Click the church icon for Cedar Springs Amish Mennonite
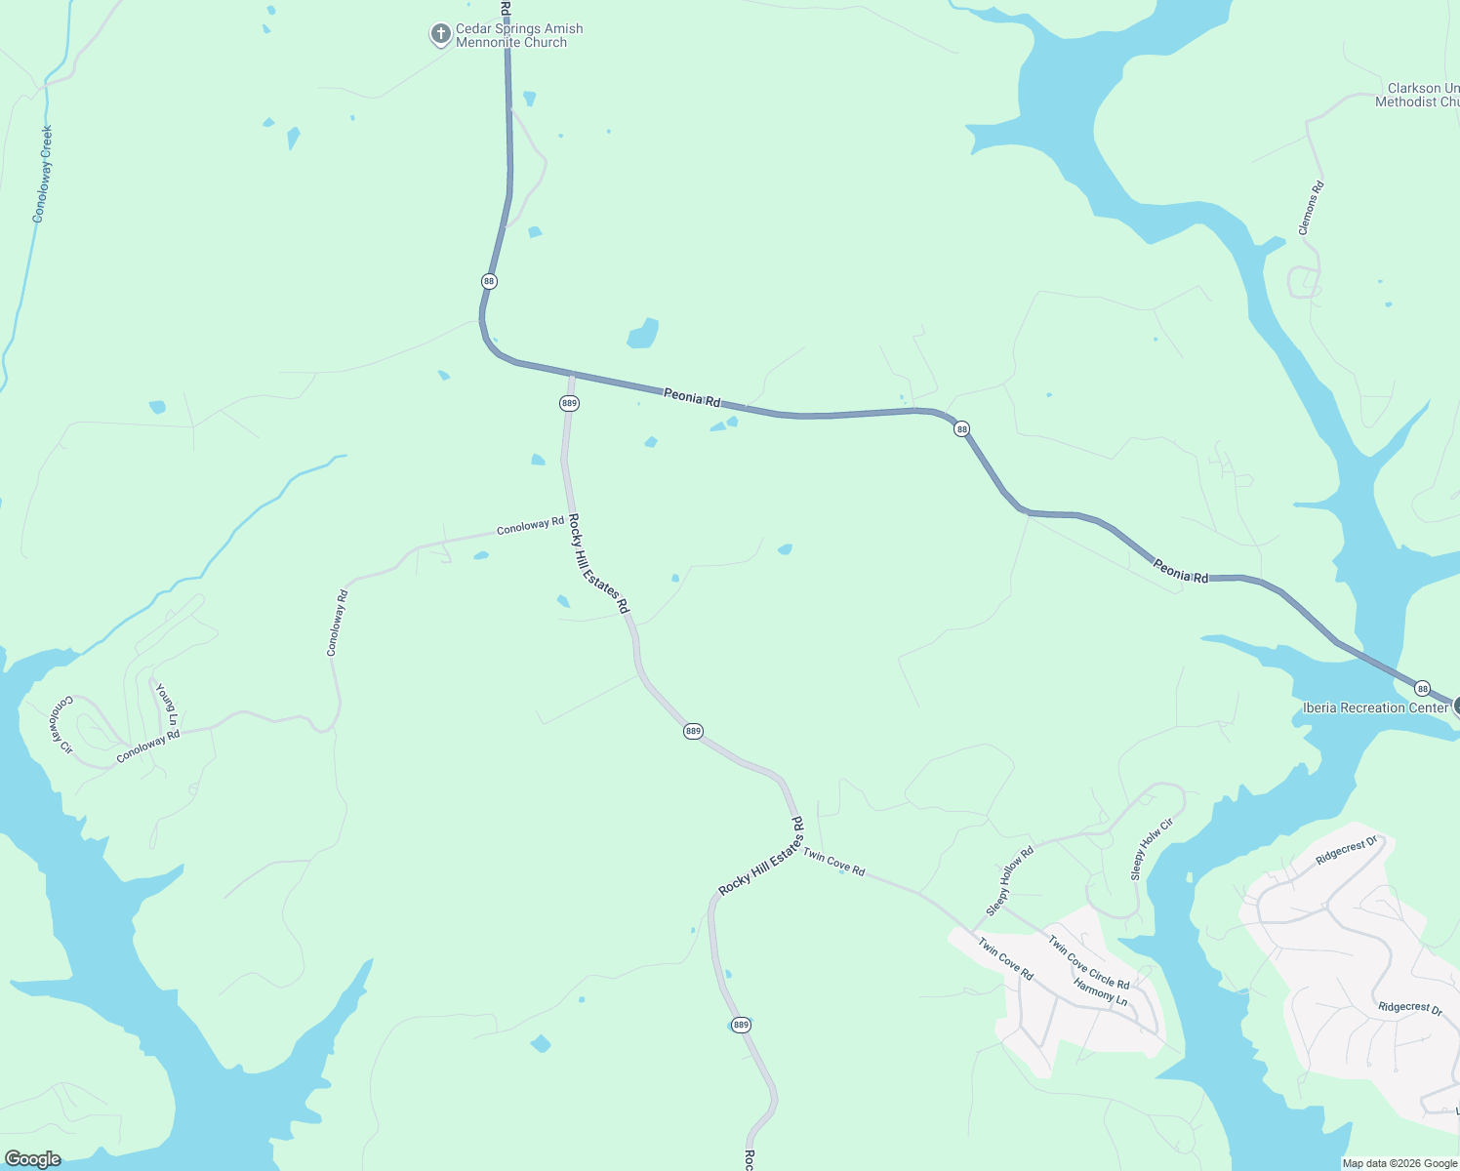tap(440, 35)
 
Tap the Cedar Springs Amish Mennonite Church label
tap(519, 36)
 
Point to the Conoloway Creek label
tap(43, 174)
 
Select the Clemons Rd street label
tap(1311, 208)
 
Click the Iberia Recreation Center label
tap(1375, 707)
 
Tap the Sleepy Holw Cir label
tap(1152, 850)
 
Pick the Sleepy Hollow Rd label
tap(1009, 881)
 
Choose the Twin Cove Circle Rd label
tap(1088, 961)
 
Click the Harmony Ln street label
tap(1100, 992)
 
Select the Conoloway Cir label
tap(61, 724)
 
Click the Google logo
tap(32, 1159)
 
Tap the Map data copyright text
tap(1399, 1163)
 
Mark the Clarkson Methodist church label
tap(1418, 95)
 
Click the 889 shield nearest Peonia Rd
tap(569, 403)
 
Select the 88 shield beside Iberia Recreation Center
tap(1423, 688)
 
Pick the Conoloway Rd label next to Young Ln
tap(148, 747)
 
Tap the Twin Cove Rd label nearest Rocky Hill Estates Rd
tap(833, 863)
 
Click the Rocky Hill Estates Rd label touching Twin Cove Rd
tap(761, 856)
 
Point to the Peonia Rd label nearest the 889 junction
tap(692, 397)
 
